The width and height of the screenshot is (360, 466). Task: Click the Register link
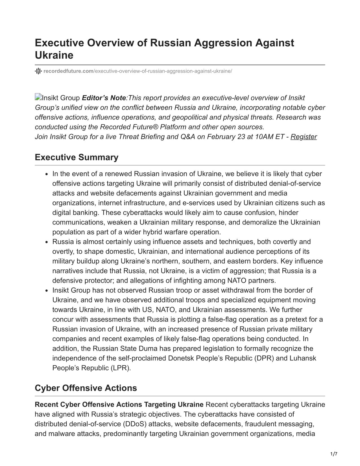[304, 137]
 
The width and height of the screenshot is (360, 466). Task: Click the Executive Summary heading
[77, 157]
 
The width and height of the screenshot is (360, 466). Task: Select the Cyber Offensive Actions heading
[86, 388]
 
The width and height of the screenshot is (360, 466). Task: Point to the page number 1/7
[333, 454]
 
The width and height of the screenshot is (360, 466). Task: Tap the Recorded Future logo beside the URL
[38, 71]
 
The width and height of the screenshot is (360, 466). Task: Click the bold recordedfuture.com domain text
[68, 71]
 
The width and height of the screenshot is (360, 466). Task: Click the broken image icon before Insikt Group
[38, 97]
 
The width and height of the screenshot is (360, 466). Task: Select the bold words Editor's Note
[104, 98]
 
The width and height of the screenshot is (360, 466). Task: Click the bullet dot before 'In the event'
[47, 174]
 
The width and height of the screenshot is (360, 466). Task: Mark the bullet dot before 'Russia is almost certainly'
[47, 242]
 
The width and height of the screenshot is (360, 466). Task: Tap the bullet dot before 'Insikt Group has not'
[47, 291]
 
